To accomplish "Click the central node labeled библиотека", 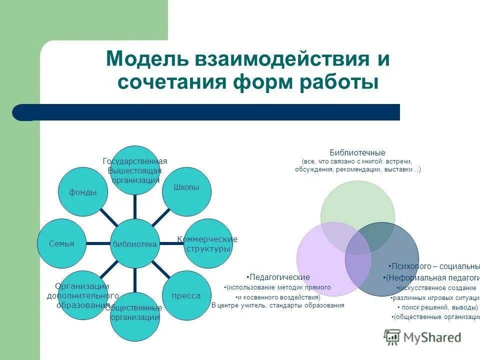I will tap(135, 244).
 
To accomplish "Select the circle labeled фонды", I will tap(83, 192).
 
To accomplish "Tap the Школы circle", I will tap(186, 187).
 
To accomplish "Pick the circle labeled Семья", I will tap(62, 243).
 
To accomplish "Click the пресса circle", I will tap(186, 295).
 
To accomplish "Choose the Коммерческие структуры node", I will tap(208, 243).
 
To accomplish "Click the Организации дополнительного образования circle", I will tap(83, 295).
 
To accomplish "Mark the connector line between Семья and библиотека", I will tap(98, 243).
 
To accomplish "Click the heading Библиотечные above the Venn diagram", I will tap(357, 152).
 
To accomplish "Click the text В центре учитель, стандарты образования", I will tap(278, 305).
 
